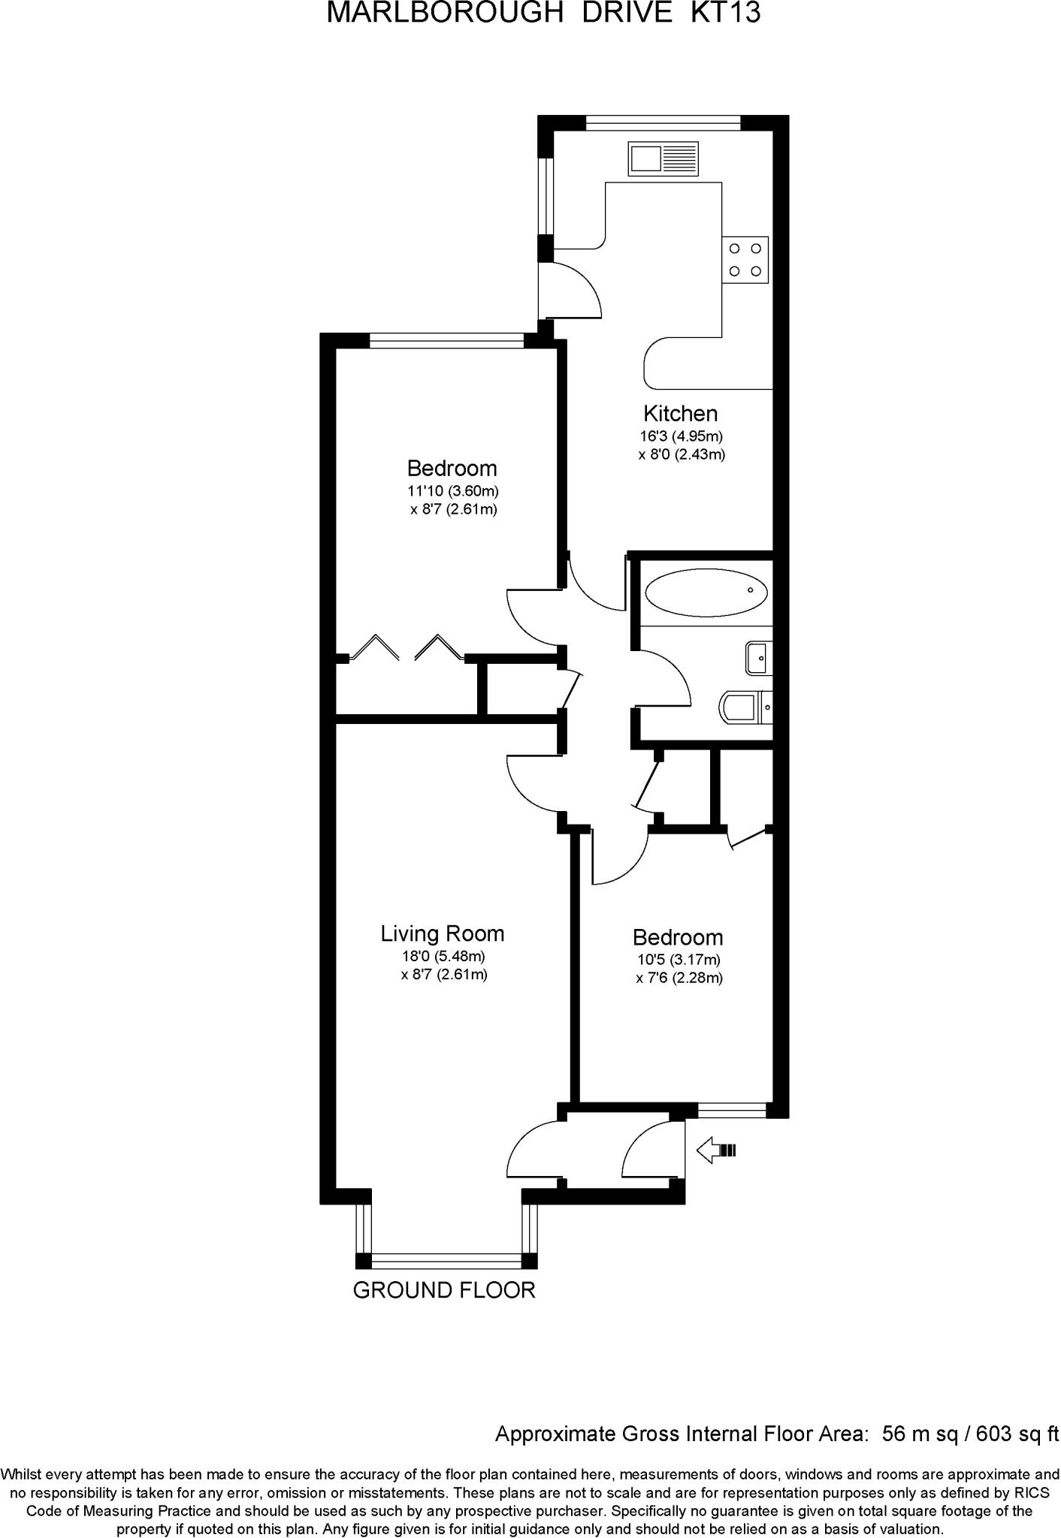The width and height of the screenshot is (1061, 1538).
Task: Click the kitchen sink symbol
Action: coord(664,158)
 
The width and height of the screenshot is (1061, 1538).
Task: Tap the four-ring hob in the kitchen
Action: coord(745,260)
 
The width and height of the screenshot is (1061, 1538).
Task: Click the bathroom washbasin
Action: coord(759,658)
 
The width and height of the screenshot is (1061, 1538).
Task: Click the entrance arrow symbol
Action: coord(717,1150)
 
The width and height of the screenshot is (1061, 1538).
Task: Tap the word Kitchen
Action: coord(680,413)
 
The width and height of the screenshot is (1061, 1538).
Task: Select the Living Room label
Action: coord(443,933)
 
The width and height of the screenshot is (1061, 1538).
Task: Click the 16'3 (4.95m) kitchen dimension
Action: coord(681,436)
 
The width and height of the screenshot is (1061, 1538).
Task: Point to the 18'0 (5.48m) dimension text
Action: coord(443,957)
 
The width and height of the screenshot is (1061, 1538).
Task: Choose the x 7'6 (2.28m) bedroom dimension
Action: coord(679,978)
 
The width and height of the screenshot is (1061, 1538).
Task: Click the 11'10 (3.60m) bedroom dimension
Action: coord(453,491)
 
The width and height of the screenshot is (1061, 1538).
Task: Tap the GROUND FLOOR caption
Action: coord(444,1290)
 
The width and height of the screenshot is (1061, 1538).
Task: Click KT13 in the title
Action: coord(725,13)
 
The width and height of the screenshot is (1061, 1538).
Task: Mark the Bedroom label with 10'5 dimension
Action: coord(678,937)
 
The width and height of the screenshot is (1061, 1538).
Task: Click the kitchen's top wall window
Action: coord(663,122)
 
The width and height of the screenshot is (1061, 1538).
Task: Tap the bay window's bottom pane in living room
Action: coord(446,1261)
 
